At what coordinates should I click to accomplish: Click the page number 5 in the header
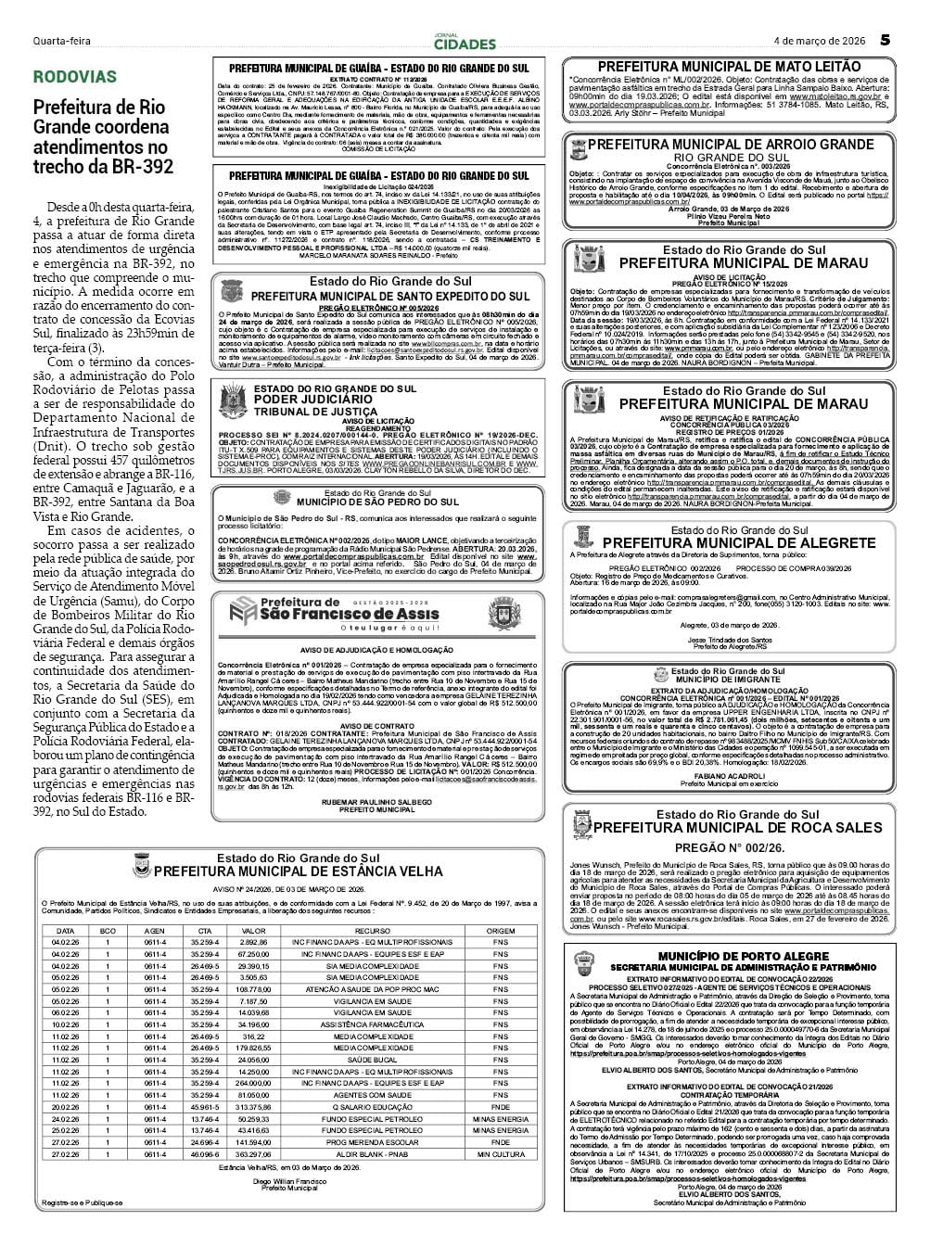click(x=885, y=40)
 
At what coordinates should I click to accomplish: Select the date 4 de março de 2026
click(x=820, y=41)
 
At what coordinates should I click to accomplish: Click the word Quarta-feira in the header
click(x=61, y=42)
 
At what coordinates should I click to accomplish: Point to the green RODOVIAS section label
click(x=75, y=77)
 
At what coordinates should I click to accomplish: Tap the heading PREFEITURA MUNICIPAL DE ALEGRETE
click(x=738, y=543)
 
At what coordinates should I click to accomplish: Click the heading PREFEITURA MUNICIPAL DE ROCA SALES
click(x=738, y=827)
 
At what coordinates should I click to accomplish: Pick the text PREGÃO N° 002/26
click(x=729, y=847)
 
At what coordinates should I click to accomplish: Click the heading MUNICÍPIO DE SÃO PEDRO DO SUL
click(x=378, y=502)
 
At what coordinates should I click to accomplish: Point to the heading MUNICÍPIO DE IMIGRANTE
click(x=741, y=679)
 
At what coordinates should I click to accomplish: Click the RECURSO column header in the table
click(x=372, y=931)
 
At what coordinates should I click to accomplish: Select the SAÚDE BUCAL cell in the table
click(x=372, y=1060)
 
